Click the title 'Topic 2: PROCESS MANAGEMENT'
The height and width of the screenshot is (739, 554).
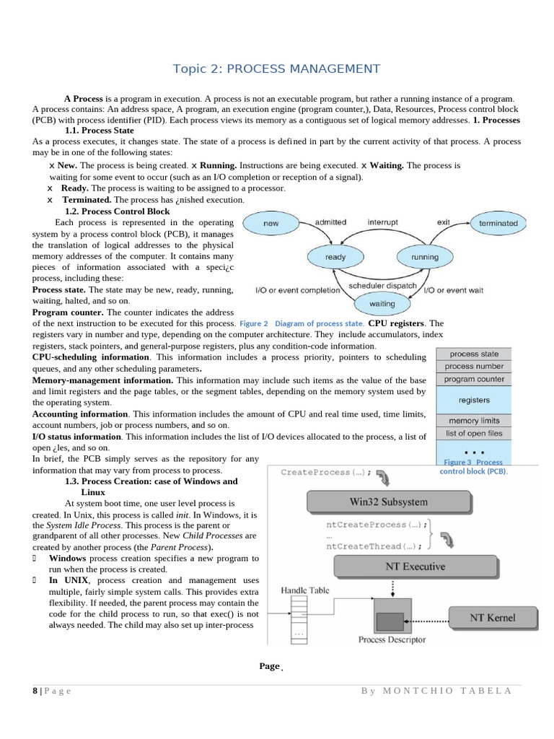point(276,69)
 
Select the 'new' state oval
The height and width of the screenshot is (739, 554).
point(271,224)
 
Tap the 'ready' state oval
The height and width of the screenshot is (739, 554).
point(335,257)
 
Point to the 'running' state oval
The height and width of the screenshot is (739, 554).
point(424,257)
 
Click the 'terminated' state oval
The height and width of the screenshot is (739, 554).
point(498,224)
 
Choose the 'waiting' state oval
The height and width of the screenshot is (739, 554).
point(382,304)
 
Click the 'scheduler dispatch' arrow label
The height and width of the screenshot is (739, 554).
point(382,286)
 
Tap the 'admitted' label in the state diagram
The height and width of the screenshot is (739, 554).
point(330,222)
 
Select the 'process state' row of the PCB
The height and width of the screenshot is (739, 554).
point(473,354)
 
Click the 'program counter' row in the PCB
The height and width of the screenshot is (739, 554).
point(473,379)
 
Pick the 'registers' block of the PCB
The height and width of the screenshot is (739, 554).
point(473,400)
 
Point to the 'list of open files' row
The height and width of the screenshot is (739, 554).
point(473,434)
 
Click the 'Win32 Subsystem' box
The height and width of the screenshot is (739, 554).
point(387,502)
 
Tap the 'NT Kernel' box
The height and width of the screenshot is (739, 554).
point(493,617)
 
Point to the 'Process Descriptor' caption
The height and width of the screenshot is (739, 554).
point(392,639)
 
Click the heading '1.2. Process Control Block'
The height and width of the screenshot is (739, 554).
point(117,211)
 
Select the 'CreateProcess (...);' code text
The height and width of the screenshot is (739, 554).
point(325,473)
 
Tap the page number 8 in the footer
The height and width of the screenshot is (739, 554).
point(35,691)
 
